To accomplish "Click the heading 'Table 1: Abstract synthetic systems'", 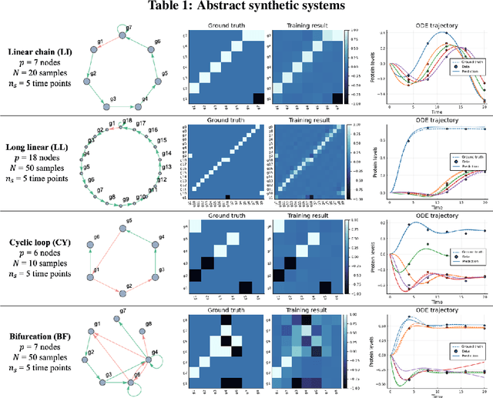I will pos(246,8).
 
